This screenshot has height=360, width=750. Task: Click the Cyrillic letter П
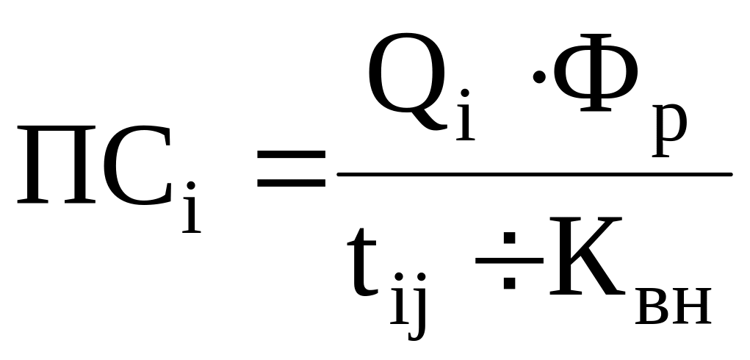click(x=57, y=165)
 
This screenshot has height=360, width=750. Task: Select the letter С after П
click(x=137, y=165)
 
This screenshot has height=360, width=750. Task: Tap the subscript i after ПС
click(x=191, y=207)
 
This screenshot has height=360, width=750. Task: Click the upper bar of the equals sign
click(x=292, y=155)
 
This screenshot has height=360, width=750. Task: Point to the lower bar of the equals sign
click(x=292, y=183)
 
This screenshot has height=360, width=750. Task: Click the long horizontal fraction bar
click(x=535, y=175)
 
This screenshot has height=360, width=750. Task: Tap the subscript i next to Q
click(x=466, y=115)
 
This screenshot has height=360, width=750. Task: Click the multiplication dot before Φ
click(x=539, y=76)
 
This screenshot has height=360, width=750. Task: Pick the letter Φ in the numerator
click(x=596, y=73)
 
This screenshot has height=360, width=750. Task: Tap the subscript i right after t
click(x=400, y=298)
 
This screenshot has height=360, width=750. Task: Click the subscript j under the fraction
click(x=417, y=306)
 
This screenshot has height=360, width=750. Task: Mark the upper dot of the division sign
click(x=509, y=237)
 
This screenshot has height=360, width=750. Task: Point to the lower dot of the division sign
click(x=509, y=283)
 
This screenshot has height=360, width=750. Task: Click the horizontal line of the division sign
click(x=509, y=261)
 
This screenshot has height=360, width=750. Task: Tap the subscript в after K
click(x=652, y=306)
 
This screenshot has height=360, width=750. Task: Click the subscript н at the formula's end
click(x=692, y=306)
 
